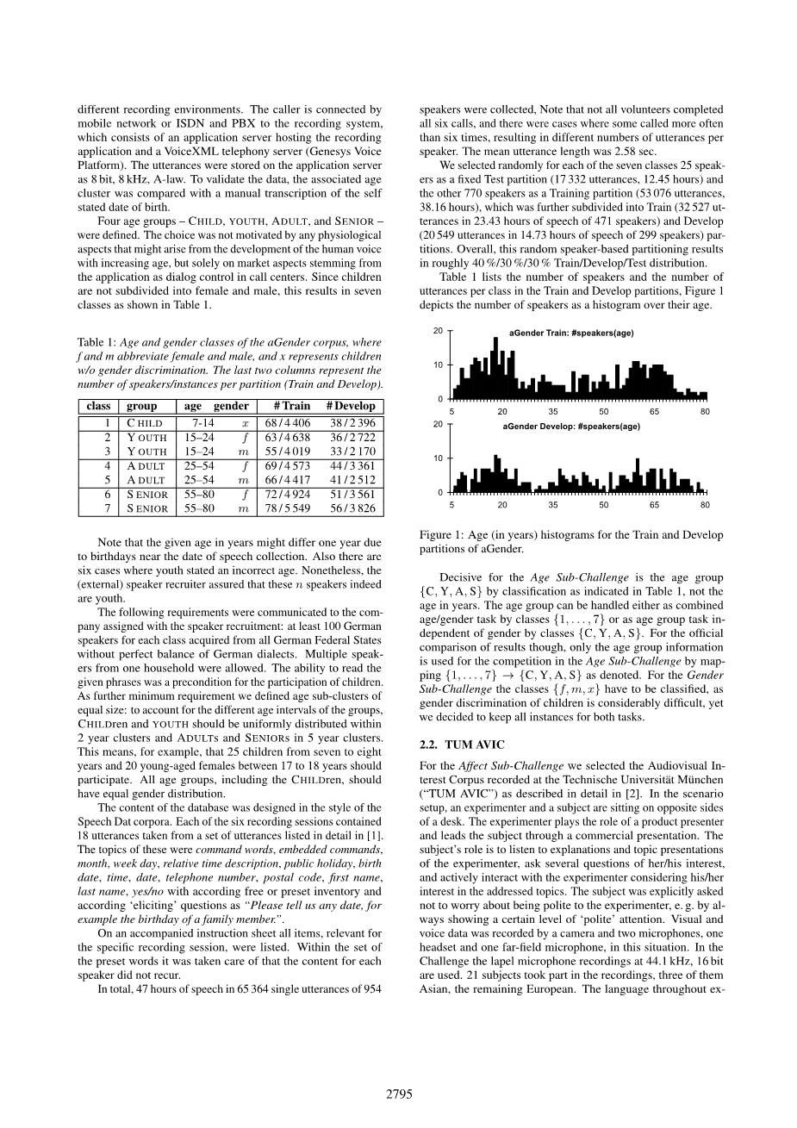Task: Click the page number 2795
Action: (399, 1094)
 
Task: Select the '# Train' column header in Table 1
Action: (292, 406)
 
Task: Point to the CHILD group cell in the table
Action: (144, 423)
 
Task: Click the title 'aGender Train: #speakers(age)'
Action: (571, 333)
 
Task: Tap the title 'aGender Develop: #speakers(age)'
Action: (571, 427)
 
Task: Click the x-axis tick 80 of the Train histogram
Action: (705, 411)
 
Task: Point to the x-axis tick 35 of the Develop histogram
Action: (553, 504)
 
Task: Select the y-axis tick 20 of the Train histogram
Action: (438, 331)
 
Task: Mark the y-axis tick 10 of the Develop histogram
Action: (438, 458)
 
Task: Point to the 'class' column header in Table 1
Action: (98, 406)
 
